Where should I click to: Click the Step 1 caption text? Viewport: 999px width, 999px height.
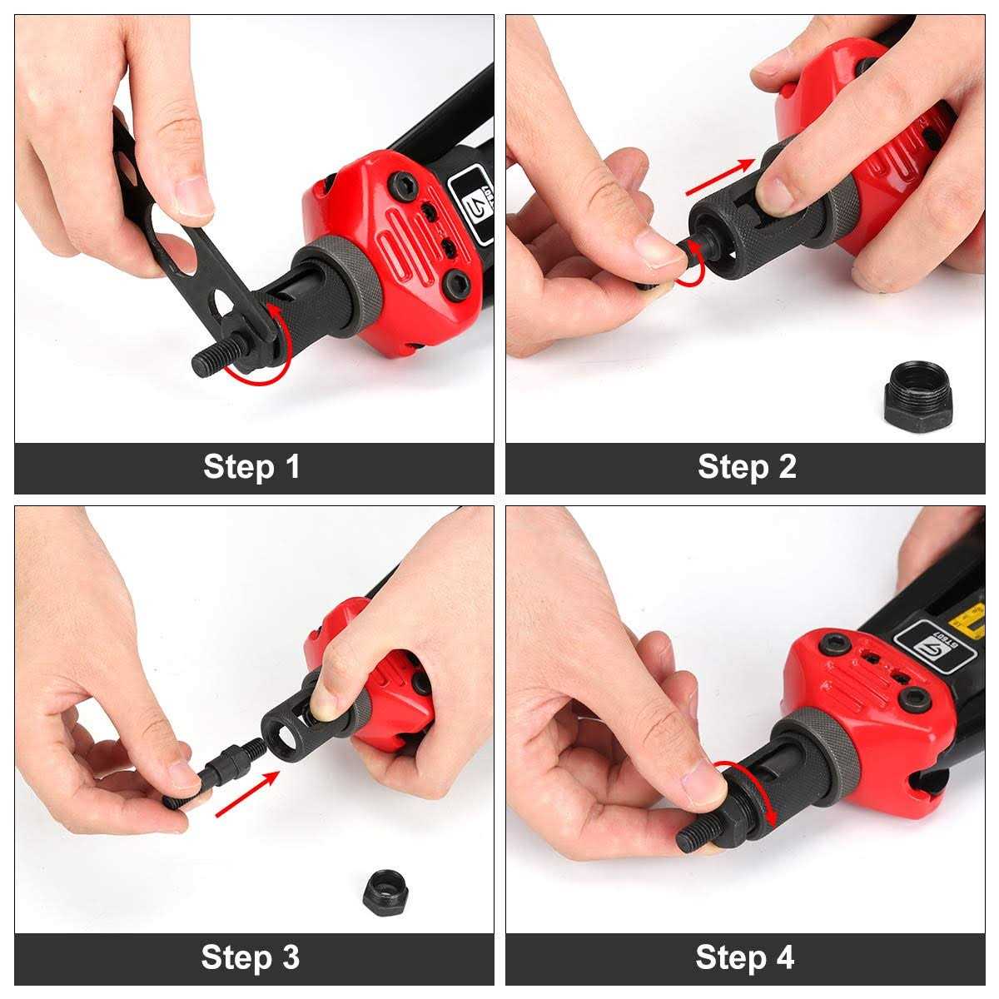click(251, 467)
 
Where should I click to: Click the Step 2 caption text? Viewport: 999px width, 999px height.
click(747, 467)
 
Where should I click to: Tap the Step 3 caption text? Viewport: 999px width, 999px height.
click(250, 957)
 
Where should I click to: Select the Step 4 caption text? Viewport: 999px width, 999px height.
click(744, 957)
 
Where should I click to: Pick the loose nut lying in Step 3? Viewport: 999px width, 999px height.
click(385, 892)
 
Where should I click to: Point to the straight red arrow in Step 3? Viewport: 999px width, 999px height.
click(247, 793)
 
